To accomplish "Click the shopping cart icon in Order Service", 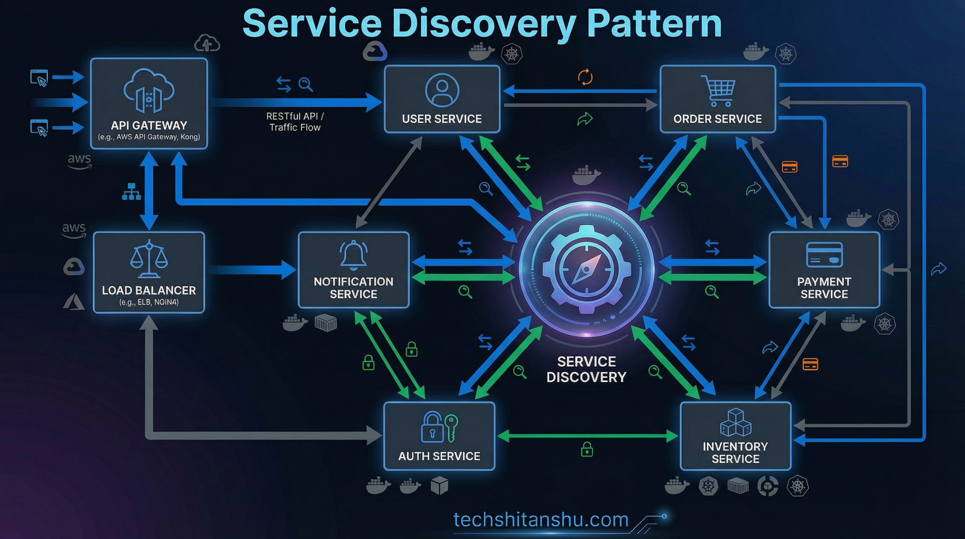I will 718,90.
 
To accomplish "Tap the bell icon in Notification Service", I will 353,255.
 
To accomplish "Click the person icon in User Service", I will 442,91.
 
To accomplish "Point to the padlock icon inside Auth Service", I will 432,427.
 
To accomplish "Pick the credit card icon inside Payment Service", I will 824,255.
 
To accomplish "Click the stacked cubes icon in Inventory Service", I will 735,422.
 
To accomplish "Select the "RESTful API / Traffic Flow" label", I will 295,121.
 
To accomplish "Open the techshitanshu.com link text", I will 540,519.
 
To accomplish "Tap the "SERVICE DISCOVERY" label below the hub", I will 586,369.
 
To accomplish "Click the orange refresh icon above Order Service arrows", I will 585,77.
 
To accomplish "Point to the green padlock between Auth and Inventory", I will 586,449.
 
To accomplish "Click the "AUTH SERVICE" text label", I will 439,456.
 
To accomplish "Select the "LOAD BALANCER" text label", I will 149,290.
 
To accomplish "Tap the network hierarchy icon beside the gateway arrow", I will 131,191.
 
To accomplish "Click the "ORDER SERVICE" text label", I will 718,119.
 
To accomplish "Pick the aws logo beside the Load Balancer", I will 74,229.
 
